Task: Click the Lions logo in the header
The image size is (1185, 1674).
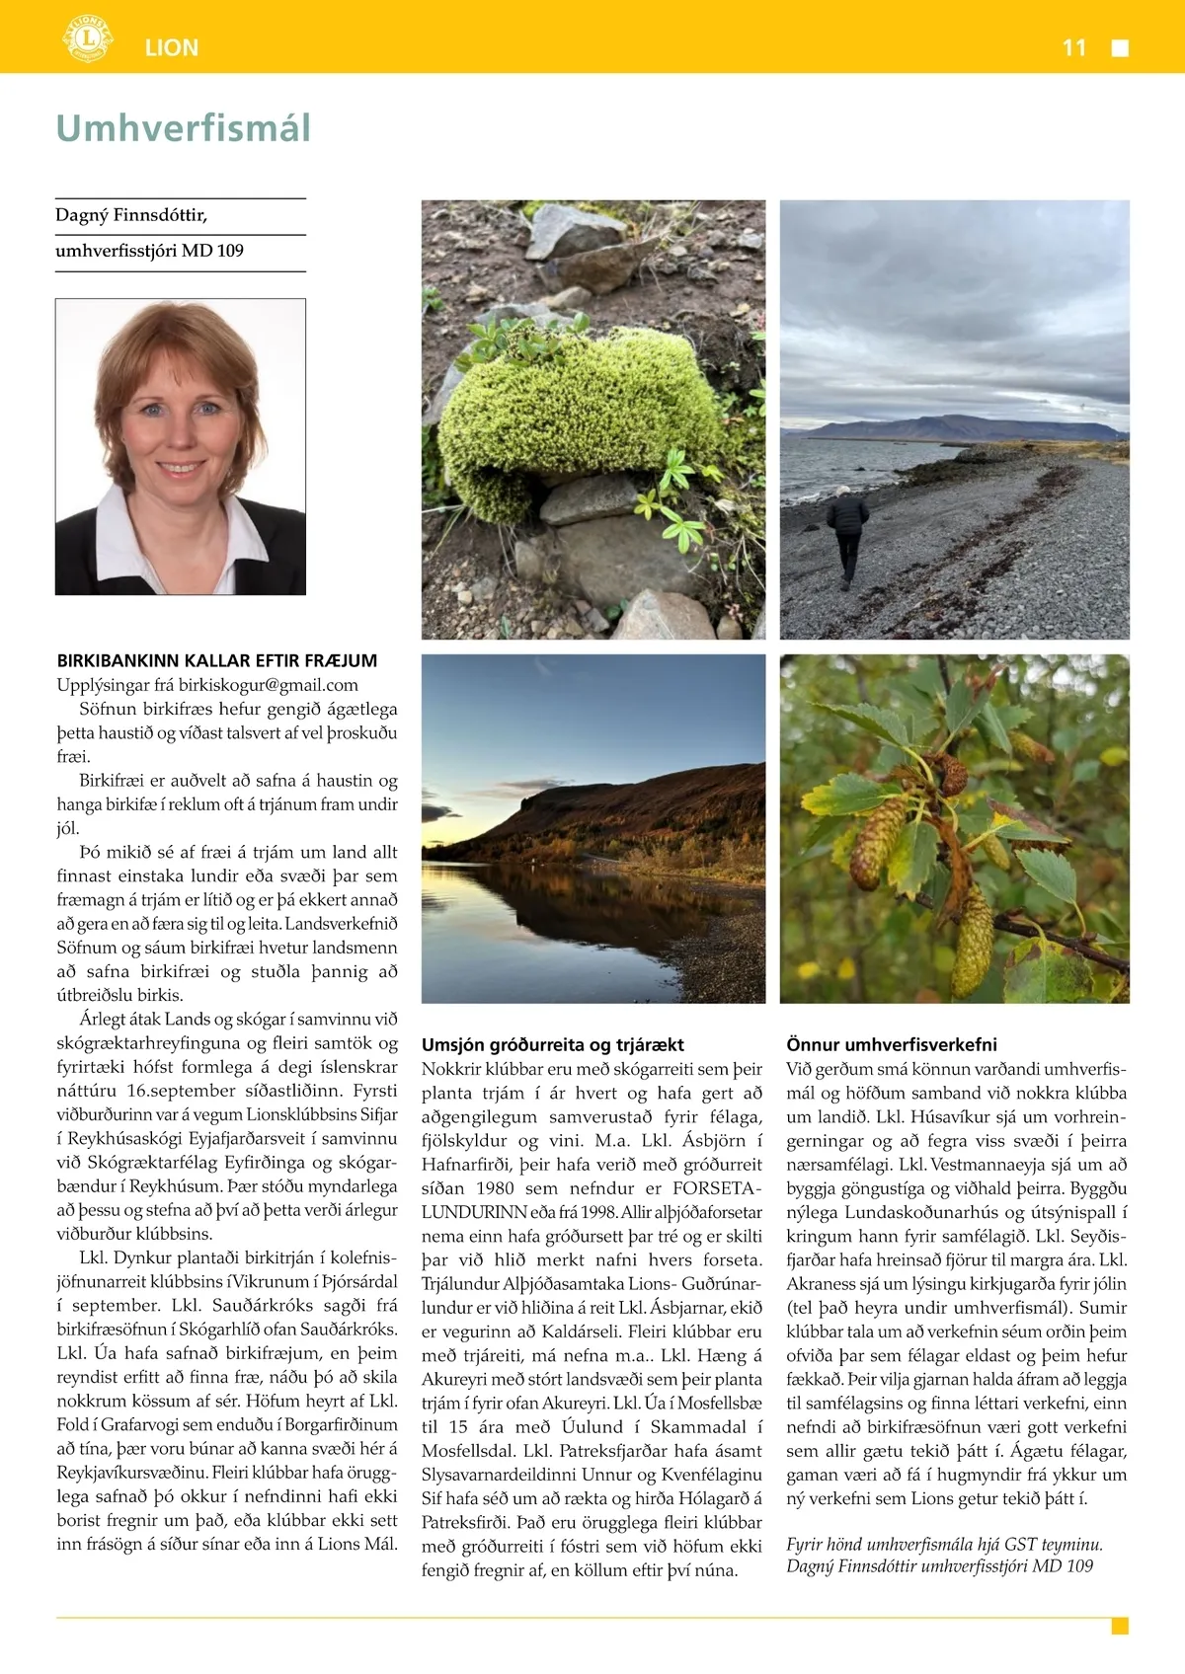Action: (x=87, y=38)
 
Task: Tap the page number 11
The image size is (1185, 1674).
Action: (x=1073, y=47)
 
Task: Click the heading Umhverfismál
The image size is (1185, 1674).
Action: (x=184, y=128)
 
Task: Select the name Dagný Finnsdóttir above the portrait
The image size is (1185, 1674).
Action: (x=131, y=215)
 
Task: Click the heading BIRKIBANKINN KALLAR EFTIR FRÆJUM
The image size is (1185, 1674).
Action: (x=217, y=661)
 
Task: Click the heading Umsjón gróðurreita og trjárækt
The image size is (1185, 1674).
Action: (x=552, y=1044)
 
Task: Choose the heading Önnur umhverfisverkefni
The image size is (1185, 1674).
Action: (x=892, y=1044)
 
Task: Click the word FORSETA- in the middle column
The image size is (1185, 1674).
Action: (x=717, y=1188)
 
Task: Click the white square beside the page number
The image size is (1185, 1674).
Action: (x=1120, y=48)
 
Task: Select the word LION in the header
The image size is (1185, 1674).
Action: (x=172, y=47)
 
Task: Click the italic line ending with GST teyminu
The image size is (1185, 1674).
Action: (x=944, y=1545)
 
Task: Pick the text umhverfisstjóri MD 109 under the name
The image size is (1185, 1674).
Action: (x=149, y=251)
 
